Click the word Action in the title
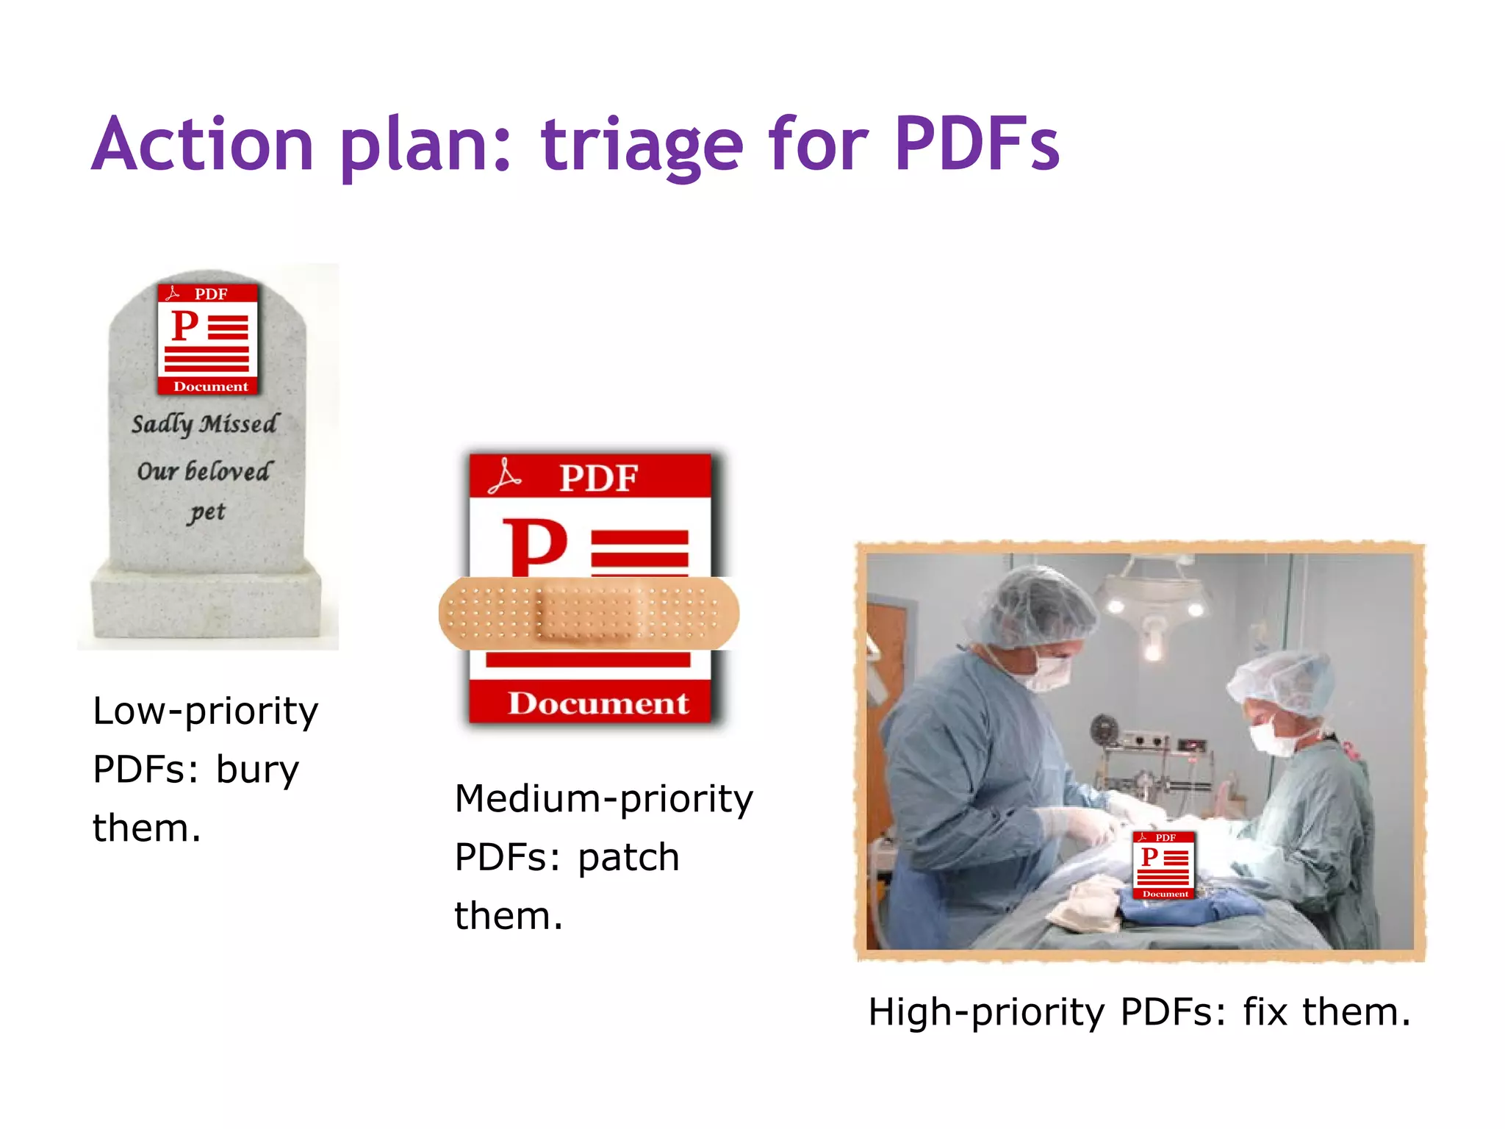[204, 145]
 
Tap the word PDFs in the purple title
[977, 145]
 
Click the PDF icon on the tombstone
[207, 339]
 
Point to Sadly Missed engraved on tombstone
[205, 424]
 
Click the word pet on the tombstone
[207, 512]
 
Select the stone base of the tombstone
[206, 603]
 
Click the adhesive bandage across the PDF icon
[589, 613]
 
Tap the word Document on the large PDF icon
[597, 703]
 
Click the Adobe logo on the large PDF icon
[505, 477]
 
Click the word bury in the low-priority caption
[257, 770]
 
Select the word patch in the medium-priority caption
[628, 858]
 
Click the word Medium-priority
[604, 799]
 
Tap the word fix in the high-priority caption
[1265, 1011]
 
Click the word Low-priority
[205, 711]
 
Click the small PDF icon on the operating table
[1164, 865]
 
